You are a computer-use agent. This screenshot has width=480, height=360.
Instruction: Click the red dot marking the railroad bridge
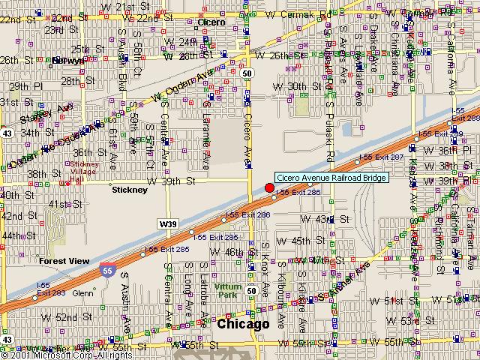point(270,187)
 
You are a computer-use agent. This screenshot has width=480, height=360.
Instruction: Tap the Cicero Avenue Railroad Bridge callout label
point(331,178)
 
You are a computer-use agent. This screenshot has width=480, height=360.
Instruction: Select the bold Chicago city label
point(242,325)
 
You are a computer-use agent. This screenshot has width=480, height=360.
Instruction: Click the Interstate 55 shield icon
point(106,270)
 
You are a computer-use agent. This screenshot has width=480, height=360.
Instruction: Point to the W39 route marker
point(167,223)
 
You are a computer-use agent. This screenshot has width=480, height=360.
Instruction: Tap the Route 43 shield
point(6,131)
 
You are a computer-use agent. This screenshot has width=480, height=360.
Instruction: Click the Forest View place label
point(64,261)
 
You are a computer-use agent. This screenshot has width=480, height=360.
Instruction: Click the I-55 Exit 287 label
point(381,157)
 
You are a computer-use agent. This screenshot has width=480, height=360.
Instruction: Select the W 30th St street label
point(290,87)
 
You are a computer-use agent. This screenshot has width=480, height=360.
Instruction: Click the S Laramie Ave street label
point(205,139)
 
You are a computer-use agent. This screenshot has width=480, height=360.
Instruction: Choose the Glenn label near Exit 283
point(82,293)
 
